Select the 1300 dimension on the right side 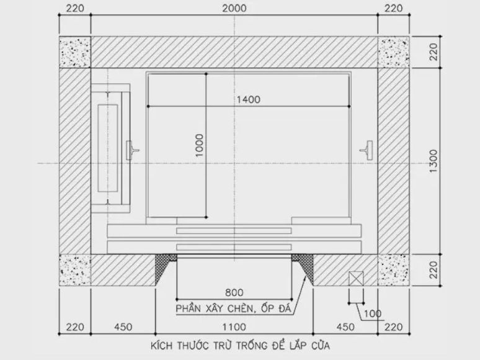433,163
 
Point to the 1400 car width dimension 247,99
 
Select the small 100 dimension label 373,313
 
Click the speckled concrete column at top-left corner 75,52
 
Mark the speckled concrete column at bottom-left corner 75,271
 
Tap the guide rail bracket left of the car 133,149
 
